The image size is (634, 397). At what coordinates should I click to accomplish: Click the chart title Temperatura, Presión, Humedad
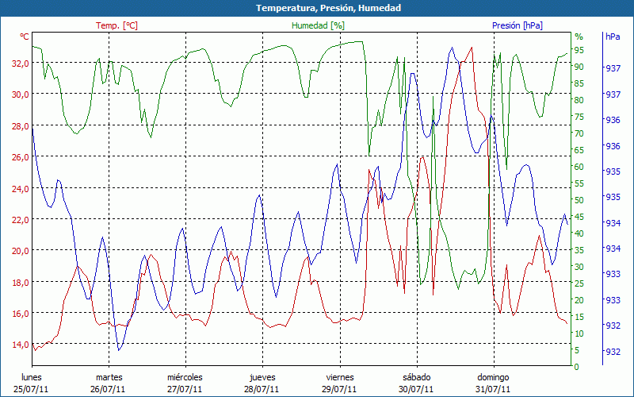(x=317, y=8)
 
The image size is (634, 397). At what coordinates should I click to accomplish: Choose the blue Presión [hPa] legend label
(x=517, y=26)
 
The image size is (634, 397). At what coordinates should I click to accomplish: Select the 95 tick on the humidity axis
(x=579, y=50)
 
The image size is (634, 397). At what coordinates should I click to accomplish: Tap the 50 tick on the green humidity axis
(x=579, y=200)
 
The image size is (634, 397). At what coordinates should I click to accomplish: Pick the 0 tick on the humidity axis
(x=576, y=367)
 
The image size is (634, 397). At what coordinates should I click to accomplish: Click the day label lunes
(x=32, y=377)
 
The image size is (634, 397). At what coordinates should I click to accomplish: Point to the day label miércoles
(x=185, y=377)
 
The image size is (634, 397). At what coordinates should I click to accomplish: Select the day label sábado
(x=416, y=377)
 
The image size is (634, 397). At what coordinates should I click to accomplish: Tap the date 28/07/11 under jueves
(x=262, y=389)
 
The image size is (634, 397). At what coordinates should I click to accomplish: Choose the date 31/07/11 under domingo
(x=493, y=389)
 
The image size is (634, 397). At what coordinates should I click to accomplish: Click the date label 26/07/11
(x=109, y=389)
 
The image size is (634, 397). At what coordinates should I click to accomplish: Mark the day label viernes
(x=339, y=377)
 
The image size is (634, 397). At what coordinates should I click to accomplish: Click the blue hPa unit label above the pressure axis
(x=613, y=37)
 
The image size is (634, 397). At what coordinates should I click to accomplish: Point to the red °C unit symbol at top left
(x=25, y=37)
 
